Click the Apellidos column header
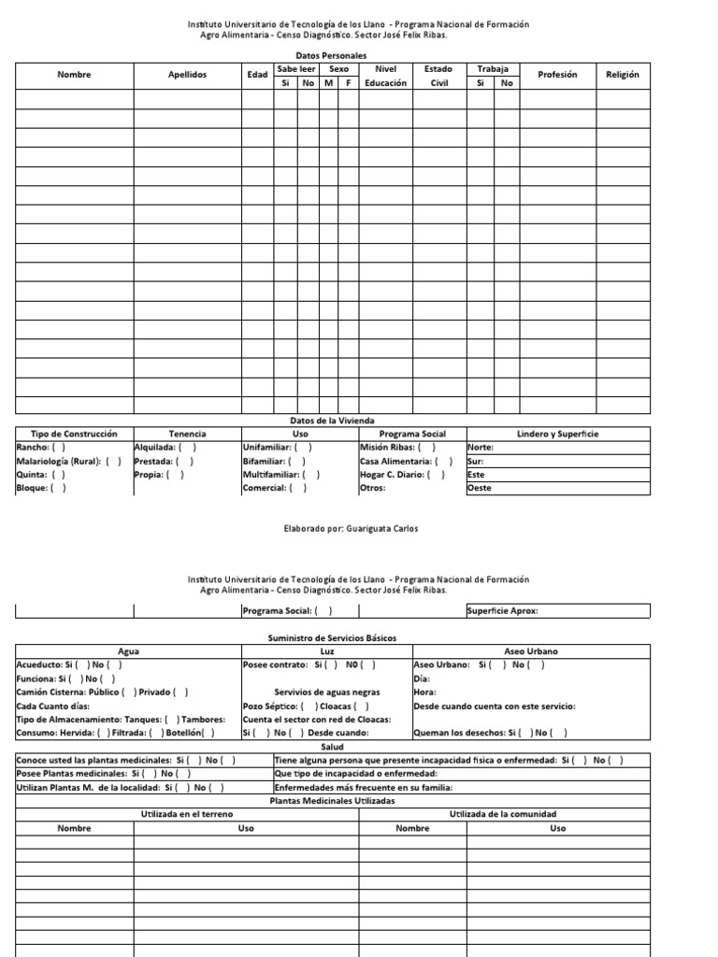coord(188,75)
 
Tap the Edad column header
coord(257,75)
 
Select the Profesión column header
coord(558,75)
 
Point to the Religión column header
coord(623,75)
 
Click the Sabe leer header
coord(296,68)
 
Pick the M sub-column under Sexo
coord(328,83)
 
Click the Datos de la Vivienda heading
coord(333,421)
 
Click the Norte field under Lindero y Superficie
coord(557,447)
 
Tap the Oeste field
coord(557,488)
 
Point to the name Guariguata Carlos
coord(379,528)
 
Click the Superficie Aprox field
coord(557,611)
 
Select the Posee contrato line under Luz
coord(309,664)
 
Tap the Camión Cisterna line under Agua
coord(103,692)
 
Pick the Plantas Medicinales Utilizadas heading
coord(332,801)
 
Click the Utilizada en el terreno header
coord(187,815)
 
